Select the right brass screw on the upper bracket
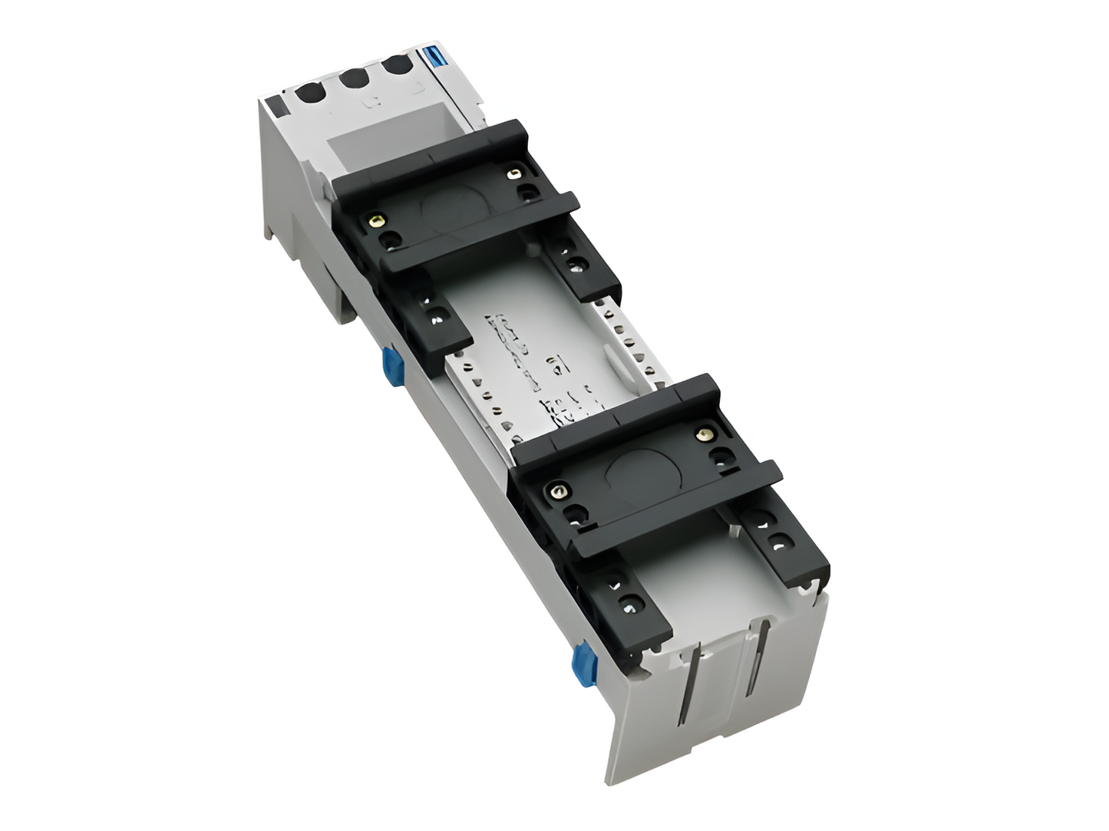pyautogui.click(x=510, y=176)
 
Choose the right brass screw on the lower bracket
pyautogui.click(x=701, y=436)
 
